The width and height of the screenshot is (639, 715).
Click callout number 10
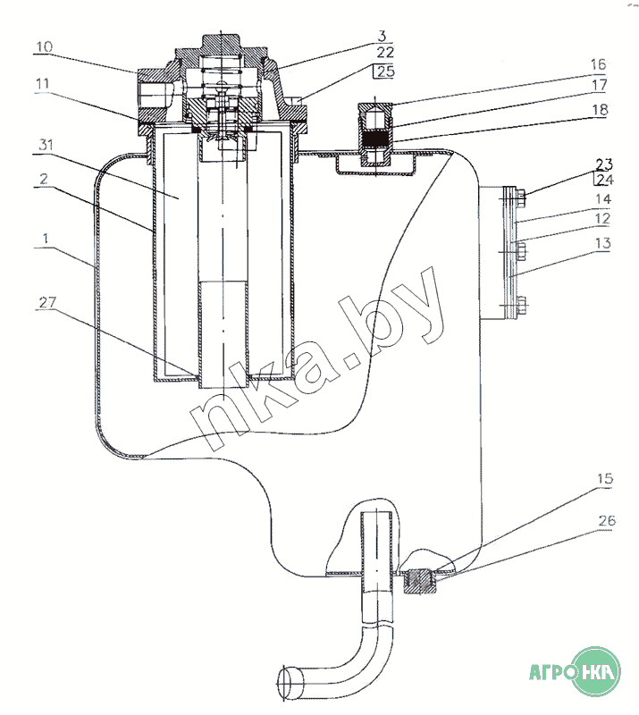click(x=45, y=47)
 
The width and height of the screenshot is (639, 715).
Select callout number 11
click(x=43, y=84)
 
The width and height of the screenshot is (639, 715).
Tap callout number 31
click(x=46, y=145)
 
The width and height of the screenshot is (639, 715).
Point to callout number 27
click(x=47, y=302)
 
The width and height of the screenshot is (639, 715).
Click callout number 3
click(x=383, y=36)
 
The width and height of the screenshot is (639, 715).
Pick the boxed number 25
click(x=385, y=71)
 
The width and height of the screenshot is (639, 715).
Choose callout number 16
click(x=599, y=64)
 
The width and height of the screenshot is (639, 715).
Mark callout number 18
click(x=601, y=109)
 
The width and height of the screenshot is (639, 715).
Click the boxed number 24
click(x=604, y=180)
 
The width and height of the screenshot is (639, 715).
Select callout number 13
click(x=603, y=243)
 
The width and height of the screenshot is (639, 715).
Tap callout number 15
click(x=605, y=479)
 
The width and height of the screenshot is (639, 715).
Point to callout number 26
click(x=607, y=520)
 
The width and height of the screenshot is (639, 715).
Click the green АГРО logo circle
click(x=597, y=671)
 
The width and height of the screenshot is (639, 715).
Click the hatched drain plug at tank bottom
click(x=421, y=583)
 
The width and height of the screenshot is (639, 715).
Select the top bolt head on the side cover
click(x=521, y=197)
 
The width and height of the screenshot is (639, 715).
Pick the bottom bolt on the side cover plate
click(x=521, y=305)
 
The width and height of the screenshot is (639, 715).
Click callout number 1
click(x=46, y=239)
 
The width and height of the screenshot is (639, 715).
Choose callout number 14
click(x=603, y=199)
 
